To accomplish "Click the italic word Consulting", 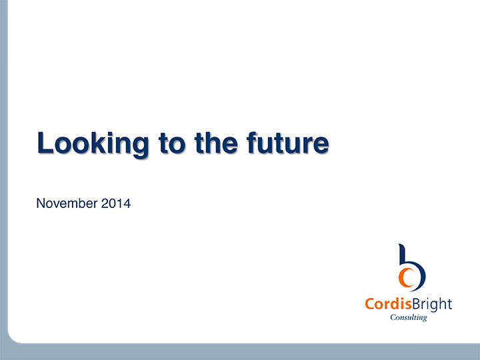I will pyautogui.click(x=408, y=318).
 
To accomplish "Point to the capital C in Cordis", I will pyautogui.click(x=369, y=305).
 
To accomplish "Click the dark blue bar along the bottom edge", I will pyautogui.click(x=240, y=352).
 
